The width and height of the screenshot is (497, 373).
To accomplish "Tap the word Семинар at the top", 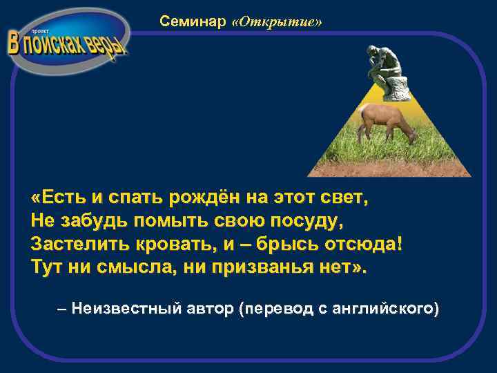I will pyautogui.click(x=193, y=22).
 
